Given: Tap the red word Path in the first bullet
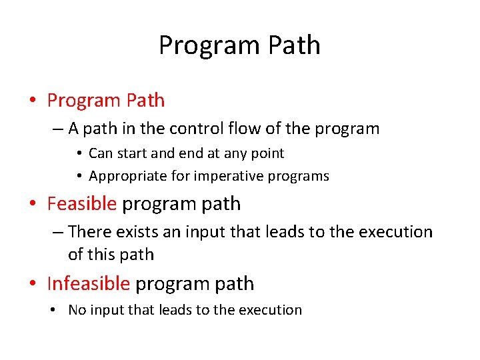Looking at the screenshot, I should [x=145, y=101].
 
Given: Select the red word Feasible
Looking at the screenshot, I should [x=82, y=203].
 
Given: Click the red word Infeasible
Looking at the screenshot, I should [x=89, y=283].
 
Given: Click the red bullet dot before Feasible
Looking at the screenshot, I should [x=32, y=204].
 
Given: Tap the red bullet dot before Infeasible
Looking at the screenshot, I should [x=32, y=284].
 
